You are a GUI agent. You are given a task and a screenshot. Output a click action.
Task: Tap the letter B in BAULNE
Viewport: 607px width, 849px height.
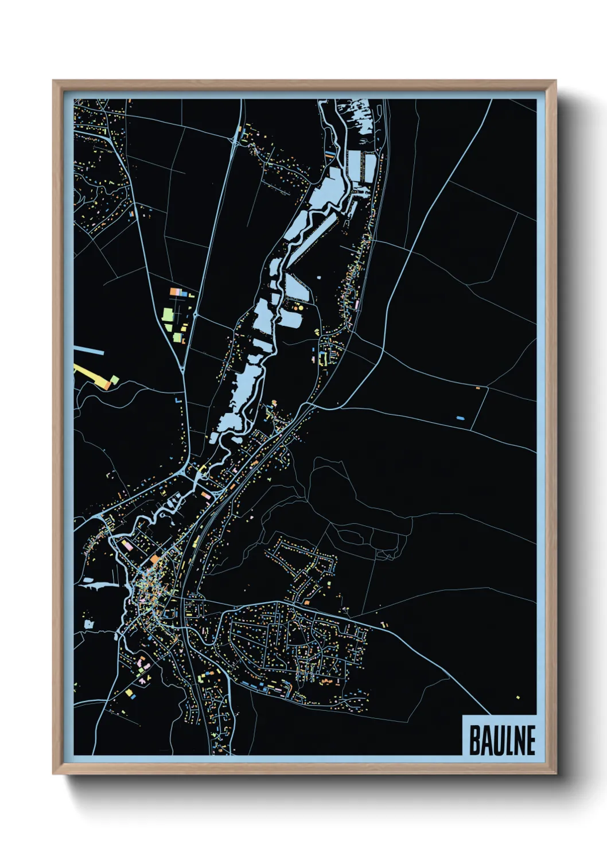coord(474,741)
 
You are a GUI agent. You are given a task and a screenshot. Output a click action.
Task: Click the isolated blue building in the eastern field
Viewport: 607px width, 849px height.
coord(460,418)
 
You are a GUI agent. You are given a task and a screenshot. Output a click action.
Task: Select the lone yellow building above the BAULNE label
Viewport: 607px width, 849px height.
coord(517,698)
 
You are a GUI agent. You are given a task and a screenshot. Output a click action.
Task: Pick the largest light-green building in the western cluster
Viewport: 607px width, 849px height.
coord(168,314)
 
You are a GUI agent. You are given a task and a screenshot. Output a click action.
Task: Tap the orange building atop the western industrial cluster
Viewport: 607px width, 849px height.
coord(175,292)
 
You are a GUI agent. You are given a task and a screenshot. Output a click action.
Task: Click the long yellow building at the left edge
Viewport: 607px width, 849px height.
coord(92,377)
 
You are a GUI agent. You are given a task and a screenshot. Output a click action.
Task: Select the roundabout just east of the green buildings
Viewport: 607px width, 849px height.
coord(195,314)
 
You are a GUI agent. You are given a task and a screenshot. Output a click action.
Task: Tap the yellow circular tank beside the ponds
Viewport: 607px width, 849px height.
coord(299,308)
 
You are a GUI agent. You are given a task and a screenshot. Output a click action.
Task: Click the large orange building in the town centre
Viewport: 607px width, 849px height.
coord(155,558)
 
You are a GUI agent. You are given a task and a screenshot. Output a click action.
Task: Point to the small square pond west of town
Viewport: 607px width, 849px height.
coord(89,624)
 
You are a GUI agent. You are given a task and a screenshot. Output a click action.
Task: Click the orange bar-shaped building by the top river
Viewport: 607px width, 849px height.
coord(329,154)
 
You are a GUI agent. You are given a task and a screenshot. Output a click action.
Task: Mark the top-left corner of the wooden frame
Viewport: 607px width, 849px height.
coord(53,81)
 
